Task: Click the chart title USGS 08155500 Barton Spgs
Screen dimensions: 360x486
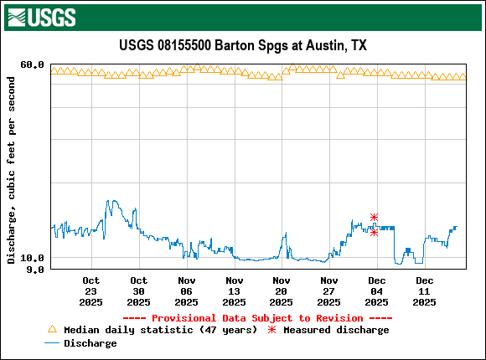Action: tap(242, 45)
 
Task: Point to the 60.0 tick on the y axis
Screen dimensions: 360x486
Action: tap(32, 64)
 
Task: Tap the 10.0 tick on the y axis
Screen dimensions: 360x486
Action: tap(32, 258)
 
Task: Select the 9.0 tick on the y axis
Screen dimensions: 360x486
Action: tap(35, 270)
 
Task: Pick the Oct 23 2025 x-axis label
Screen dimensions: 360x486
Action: tap(91, 291)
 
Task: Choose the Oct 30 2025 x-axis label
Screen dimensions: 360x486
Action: tap(139, 291)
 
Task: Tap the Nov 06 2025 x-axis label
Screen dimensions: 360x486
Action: tap(187, 291)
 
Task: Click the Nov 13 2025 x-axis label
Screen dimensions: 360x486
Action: tap(235, 291)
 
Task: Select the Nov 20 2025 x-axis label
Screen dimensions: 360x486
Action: tap(282, 291)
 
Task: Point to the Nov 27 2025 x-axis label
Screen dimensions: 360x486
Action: tap(329, 291)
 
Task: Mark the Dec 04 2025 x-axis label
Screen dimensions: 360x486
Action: tap(377, 291)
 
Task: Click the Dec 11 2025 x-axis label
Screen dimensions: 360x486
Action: tap(425, 291)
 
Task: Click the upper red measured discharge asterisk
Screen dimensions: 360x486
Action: tap(374, 217)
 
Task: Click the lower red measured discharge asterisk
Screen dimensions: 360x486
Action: tap(374, 232)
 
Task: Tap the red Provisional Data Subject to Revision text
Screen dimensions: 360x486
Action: tap(257, 318)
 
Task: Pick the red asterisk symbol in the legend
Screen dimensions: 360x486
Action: tap(271, 330)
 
